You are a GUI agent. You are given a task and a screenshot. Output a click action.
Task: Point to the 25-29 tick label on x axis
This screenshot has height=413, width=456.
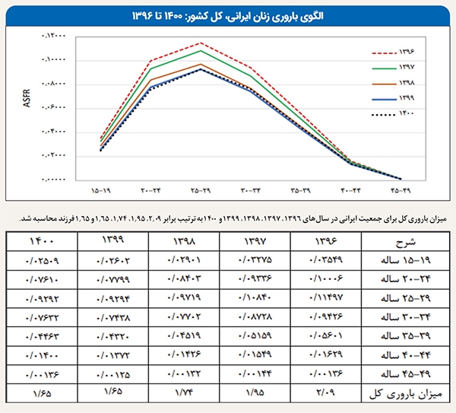201,188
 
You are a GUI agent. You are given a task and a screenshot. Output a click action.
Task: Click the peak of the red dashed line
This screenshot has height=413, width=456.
201,43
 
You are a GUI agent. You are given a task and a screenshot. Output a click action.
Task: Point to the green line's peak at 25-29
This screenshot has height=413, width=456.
201,51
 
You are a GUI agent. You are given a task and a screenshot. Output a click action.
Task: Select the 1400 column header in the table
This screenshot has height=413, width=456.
43,242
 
